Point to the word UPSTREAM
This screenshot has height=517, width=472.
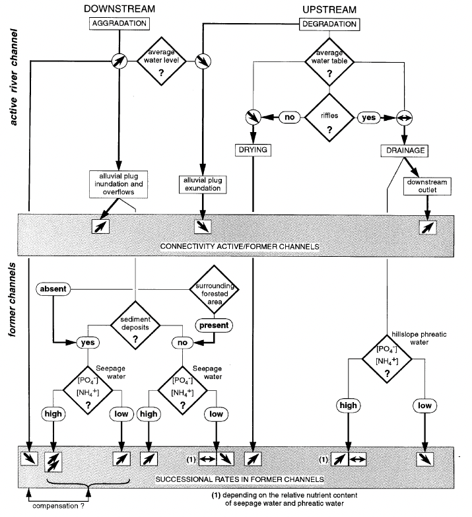click(330, 9)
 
